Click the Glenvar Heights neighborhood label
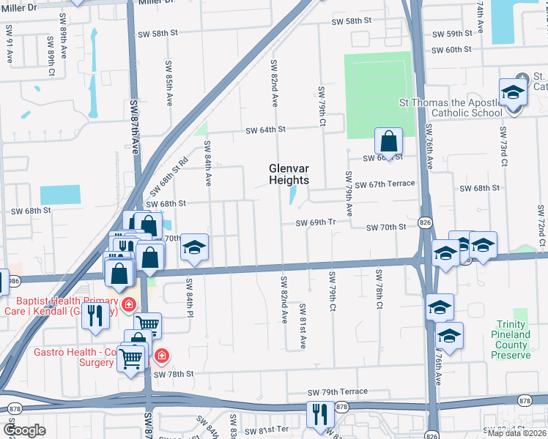click(x=288, y=174)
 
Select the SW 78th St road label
click(x=174, y=373)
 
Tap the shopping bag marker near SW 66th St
click(x=389, y=140)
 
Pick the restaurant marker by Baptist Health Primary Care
click(x=95, y=315)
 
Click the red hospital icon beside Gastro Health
click(x=162, y=356)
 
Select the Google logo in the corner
click(x=25, y=430)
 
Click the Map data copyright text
click(x=517, y=432)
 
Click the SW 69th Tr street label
click(x=316, y=222)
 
